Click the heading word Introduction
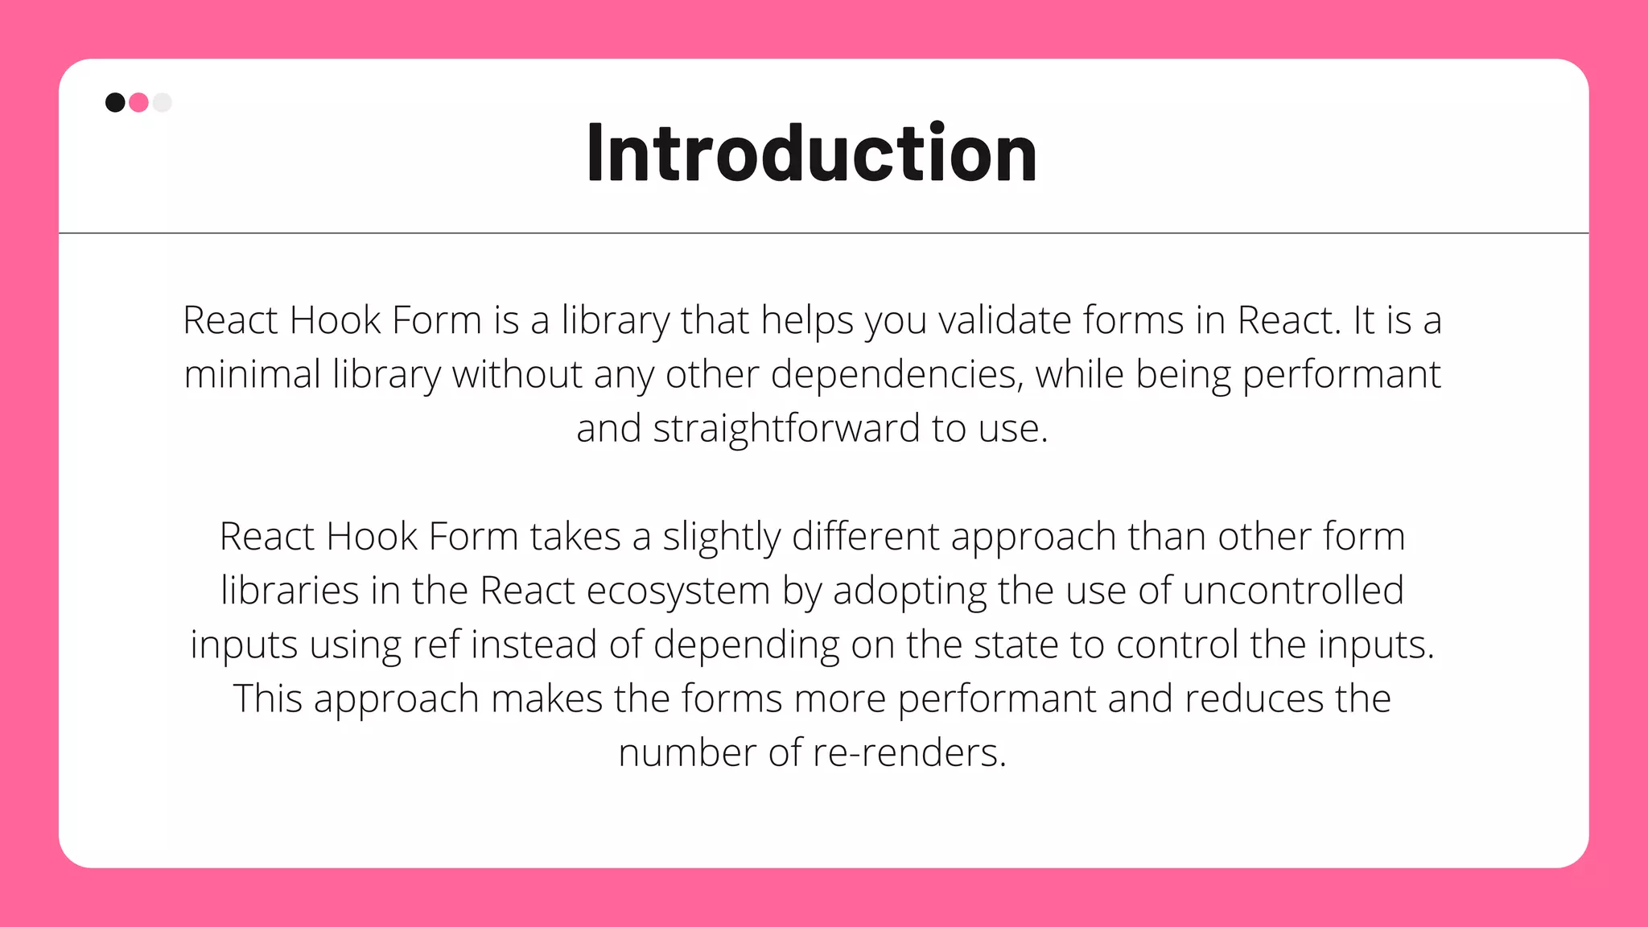pos(812,153)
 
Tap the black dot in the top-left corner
pos(115,102)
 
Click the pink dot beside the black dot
pos(138,102)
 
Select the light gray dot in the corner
pos(163,102)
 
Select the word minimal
pos(252,374)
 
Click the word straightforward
pos(786,428)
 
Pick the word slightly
pos(721,537)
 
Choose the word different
pos(865,537)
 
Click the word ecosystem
pos(678,591)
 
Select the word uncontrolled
pos(1293,591)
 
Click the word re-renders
pos(909,753)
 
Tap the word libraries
pos(290,591)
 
